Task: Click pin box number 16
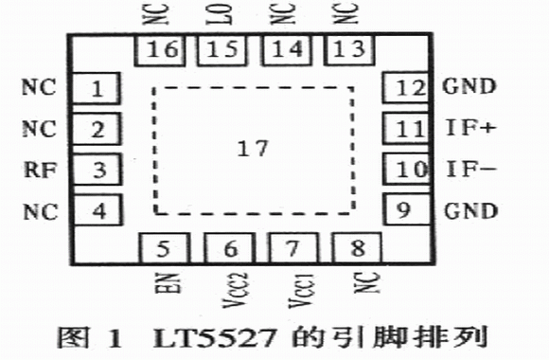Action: click(160, 50)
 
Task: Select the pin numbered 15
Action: click(222, 50)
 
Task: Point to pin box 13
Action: click(350, 50)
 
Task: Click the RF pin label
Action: click(41, 170)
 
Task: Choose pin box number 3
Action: click(97, 170)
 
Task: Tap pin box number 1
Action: click(97, 88)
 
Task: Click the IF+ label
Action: click(470, 128)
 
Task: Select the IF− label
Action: click(471, 169)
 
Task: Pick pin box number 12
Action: click(406, 87)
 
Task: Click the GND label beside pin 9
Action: click(471, 210)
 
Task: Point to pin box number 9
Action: click(407, 209)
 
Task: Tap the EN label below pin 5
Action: click(168, 283)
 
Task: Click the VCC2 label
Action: click(236, 290)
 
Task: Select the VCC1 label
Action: click(301, 291)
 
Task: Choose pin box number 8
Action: click(357, 247)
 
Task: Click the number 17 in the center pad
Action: click(253, 149)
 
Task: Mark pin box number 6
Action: click(229, 248)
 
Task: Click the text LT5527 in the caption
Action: click(215, 338)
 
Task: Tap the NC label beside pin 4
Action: click(41, 211)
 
